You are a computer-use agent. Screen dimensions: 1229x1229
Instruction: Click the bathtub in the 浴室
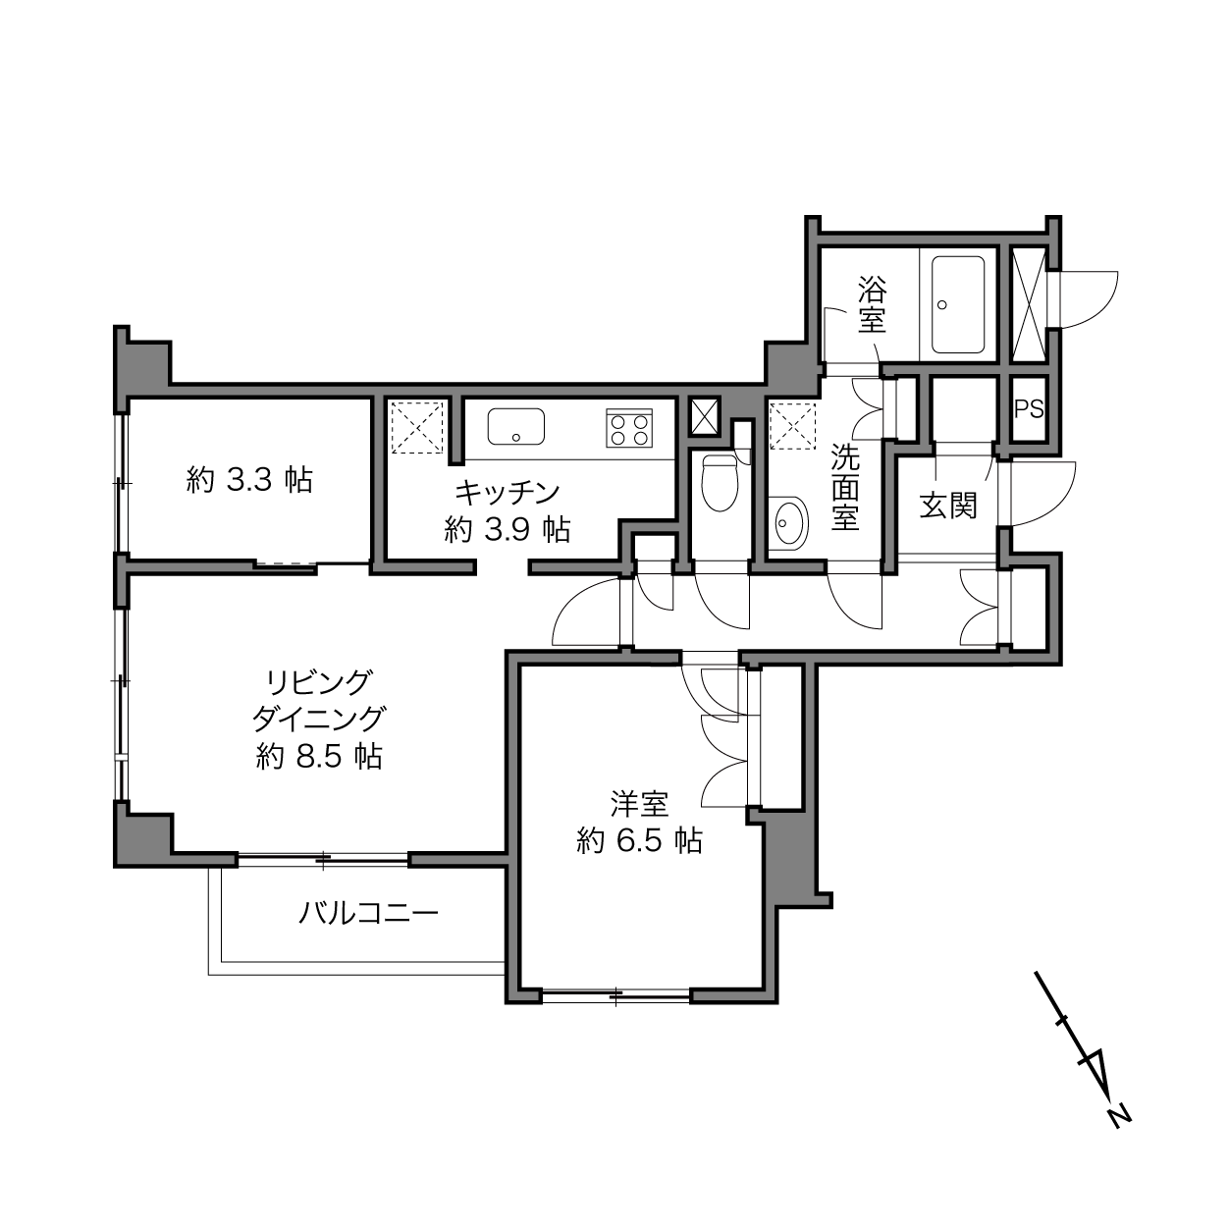point(958,304)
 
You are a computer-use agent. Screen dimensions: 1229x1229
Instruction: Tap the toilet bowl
point(720,482)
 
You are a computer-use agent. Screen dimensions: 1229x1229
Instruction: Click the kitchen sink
point(516,427)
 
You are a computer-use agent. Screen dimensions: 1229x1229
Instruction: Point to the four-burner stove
point(629,427)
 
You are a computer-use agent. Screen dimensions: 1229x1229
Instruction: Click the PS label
point(1029,408)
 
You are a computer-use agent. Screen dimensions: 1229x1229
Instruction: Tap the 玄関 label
point(947,507)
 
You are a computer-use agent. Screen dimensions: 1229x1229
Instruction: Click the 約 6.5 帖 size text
point(640,841)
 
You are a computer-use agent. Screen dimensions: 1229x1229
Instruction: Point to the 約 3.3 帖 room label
point(249,480)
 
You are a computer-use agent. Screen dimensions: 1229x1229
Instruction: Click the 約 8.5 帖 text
point(319,757)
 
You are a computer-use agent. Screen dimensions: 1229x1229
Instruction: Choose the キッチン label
point(508,493)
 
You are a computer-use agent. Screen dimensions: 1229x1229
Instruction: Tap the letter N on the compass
point(1119,1134)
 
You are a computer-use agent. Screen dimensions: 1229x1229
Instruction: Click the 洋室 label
point(640,805)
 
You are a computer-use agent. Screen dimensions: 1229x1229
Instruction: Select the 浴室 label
point(872,304)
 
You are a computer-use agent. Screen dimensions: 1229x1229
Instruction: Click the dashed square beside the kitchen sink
point(417,427)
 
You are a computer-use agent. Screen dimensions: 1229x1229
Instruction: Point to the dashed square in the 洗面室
point(793,425)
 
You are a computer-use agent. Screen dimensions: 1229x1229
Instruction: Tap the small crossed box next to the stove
point(705,416)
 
